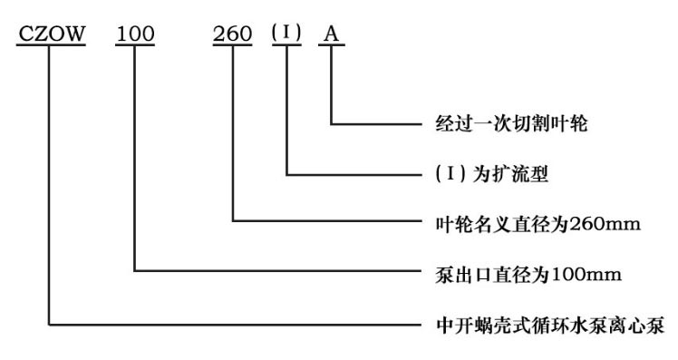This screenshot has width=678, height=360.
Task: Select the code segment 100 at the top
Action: pos(135,33)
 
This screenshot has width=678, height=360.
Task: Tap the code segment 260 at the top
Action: pos(233,33)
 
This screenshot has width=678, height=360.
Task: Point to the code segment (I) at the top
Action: pos(286,33)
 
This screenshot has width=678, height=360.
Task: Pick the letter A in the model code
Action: pos(332,33)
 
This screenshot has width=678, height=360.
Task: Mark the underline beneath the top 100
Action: pos(135,45)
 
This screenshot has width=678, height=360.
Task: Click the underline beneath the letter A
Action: pos(332,45)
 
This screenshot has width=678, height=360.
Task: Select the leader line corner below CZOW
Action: pos(50,320)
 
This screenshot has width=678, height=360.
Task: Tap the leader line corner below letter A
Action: pos(332,123)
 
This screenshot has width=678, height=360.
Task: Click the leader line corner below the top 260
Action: pos(233,221)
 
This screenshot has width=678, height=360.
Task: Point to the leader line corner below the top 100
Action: pos(135,270)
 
